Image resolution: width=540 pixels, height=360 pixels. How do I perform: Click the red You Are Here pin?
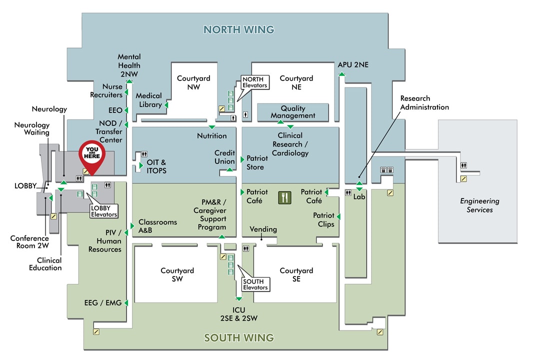[x=92, y=154]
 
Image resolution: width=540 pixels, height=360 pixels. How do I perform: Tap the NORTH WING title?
[x=239, y=29]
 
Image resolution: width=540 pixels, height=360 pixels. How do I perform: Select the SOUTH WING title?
[x=239, y=337]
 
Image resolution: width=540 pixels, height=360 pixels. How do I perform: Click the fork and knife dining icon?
[x=284, y=197]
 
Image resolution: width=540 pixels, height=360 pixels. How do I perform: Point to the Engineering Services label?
[x=479, y=205]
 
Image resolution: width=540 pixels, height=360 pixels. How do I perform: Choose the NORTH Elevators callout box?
[x=254, y=82]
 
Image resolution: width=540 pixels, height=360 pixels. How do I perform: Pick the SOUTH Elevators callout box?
[x=255, y=284]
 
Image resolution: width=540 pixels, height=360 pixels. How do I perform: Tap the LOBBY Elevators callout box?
[x=104, y=211]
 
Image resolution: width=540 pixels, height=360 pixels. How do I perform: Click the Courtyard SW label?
[x=177, y=274]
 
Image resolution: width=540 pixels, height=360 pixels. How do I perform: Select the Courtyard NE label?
[x=296, y=82]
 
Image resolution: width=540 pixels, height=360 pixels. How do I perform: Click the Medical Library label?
[x=149, y=100]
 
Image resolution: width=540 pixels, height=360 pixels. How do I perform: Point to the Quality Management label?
[x=293, y=112]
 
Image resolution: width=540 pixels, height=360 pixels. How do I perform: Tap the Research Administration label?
[x=424, y=102]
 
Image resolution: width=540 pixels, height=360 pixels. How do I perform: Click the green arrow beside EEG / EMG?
[x=126, y=302]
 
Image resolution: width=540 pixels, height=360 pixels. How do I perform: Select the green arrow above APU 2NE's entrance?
[x=341, y=74]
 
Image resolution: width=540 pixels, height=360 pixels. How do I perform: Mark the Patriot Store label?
[x=257, y=162]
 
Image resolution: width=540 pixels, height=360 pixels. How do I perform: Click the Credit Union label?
[x=224, y=157]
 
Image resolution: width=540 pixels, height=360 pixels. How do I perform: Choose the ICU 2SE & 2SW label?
[x=238, y=314]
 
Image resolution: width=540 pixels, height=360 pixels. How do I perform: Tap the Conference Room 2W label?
[x=29, y=242]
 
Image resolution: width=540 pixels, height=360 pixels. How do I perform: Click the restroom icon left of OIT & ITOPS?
[x=144, y=155]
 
